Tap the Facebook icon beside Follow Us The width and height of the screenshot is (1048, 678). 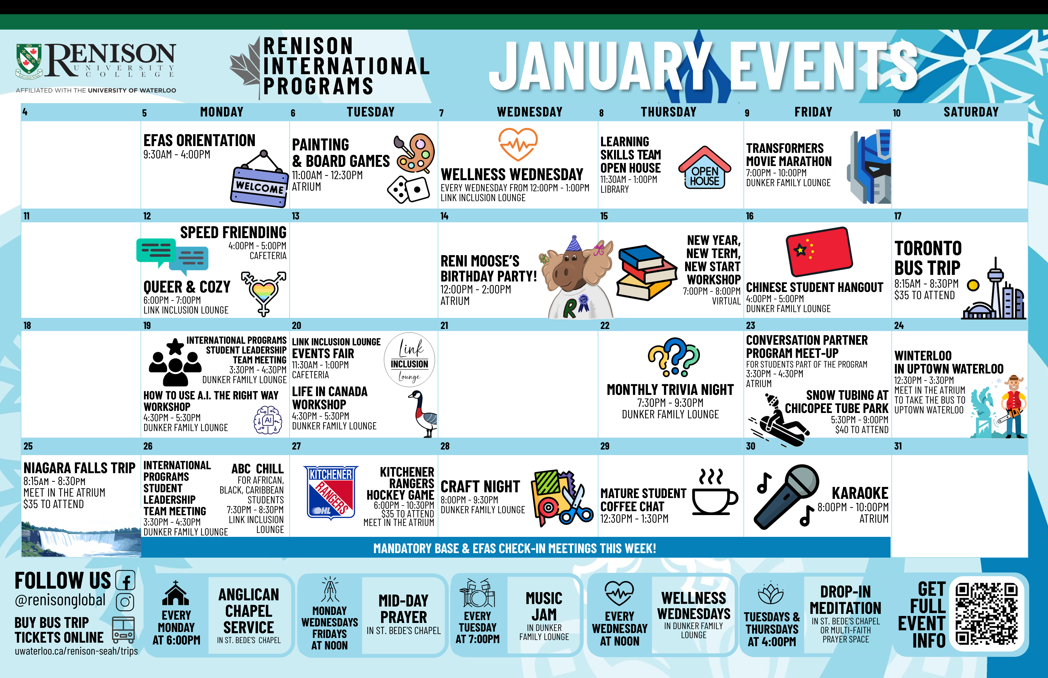pos(126,580)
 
